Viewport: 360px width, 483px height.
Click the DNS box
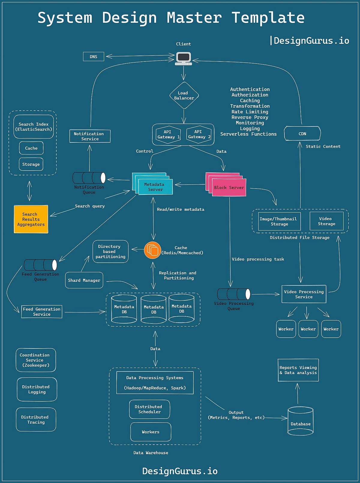pyautogui.click(x=93, y=56)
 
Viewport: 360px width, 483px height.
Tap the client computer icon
pyautogui.click(x=183, y=58)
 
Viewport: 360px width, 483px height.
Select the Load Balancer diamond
pyautogui.click(x=184, y=95)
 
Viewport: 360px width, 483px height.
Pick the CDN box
pyautogui.click(x=302, y=133)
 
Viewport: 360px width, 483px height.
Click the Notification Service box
pyautogui.click(x=90, y=136)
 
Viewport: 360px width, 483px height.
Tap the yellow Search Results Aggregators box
pyautogui.click(x=31, y=219)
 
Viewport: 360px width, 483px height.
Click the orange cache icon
pyautogui.click(x=153, y=250)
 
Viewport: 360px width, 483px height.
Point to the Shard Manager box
pyautogui.click(x=84, y=280)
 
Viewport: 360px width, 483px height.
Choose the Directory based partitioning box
pyautogui.click(x=110, y=252)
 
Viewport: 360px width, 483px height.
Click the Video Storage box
pyautogui.click(x=326, y=221)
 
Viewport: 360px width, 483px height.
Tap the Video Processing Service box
pyautogui.click(x=304, y=294)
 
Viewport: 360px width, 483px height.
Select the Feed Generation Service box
pyautogui.click(x=42, y=312)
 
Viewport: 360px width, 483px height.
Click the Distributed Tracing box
pyautogui.click(x=36, y=419)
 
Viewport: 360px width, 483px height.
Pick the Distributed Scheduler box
pyautogui.click(x=149, y=409)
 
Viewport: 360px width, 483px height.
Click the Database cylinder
pyautogui.click(x=300, y=421)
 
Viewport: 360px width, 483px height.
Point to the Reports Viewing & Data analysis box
pyautogui.click(x=298, y=370)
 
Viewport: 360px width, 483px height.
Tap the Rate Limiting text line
pyautogui.click(x=250, y=112)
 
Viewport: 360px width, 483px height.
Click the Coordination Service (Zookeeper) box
pyautogui.click(x=36, y=360)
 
